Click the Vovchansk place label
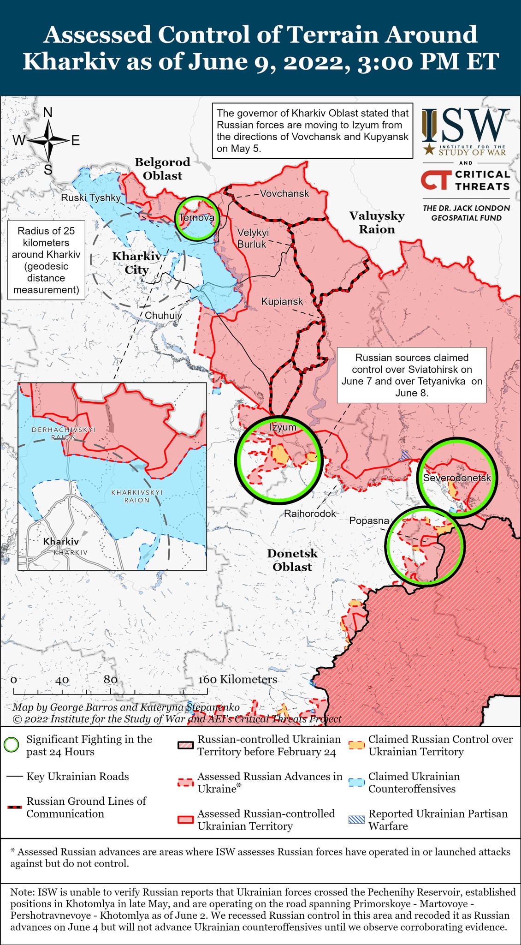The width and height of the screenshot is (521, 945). [x=284, y=193]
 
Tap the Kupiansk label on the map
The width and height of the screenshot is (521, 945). [x=282, y=301]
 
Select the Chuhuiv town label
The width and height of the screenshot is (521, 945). [x=163, y=316]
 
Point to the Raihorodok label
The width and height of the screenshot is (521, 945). [x=310, y=513]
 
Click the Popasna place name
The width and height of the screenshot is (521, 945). [x=369, y=520]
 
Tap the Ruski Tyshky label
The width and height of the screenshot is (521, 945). [x=91, y=198]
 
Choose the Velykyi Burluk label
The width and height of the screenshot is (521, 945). [x=253, y=238]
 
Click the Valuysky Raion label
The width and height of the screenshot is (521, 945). [x=377, y=222]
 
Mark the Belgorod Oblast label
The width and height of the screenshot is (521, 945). [x=162, y=168]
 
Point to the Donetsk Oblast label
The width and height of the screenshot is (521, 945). [x=292, y=560]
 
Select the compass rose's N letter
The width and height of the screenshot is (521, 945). [x=47, y=112]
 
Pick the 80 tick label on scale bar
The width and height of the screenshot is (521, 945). [x=110, y=680]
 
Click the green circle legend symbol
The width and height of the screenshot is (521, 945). [x=11, y=745]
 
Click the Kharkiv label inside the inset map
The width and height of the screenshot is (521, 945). [x=61, y=541]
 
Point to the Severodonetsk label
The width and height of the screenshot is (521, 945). [x=457, y=478]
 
